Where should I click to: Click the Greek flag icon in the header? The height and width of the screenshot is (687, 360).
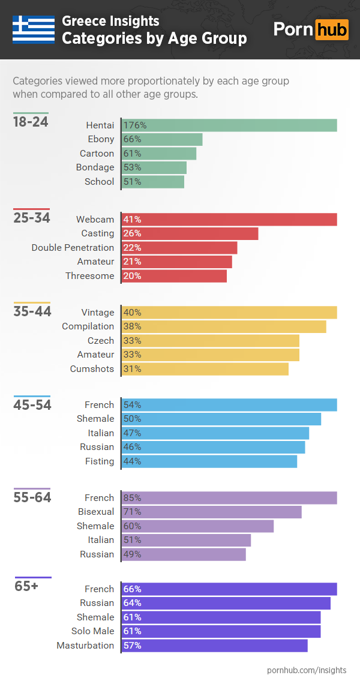point(34,29)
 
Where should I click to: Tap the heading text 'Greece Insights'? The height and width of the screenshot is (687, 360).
point(110,22)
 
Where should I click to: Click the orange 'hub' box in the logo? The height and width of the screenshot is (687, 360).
point(332,29)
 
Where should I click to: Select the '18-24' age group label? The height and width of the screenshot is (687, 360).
point(31,122)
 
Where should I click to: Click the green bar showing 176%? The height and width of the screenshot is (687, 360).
point(229,125)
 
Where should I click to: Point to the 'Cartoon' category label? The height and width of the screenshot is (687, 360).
point(97,154)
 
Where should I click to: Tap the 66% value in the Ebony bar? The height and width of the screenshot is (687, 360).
point(132,139)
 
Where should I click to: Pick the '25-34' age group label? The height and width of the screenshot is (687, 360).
point(31,218)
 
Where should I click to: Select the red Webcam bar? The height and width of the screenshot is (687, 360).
point(229,220)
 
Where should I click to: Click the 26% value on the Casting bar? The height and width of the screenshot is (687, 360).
point(132,233)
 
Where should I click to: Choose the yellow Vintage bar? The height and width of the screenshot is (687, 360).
point(229,312)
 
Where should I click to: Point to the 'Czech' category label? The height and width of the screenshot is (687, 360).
point(100,341)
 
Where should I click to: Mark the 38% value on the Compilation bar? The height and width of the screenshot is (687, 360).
point(132,326)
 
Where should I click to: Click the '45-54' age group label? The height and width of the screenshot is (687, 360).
point(32,405)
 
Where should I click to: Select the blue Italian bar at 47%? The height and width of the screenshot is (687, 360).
point(215,433)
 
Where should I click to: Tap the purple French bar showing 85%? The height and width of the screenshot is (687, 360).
point(229,498)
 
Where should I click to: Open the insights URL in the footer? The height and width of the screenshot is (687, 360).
point(306,670)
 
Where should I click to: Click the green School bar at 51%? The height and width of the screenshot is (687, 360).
point(153,182)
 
